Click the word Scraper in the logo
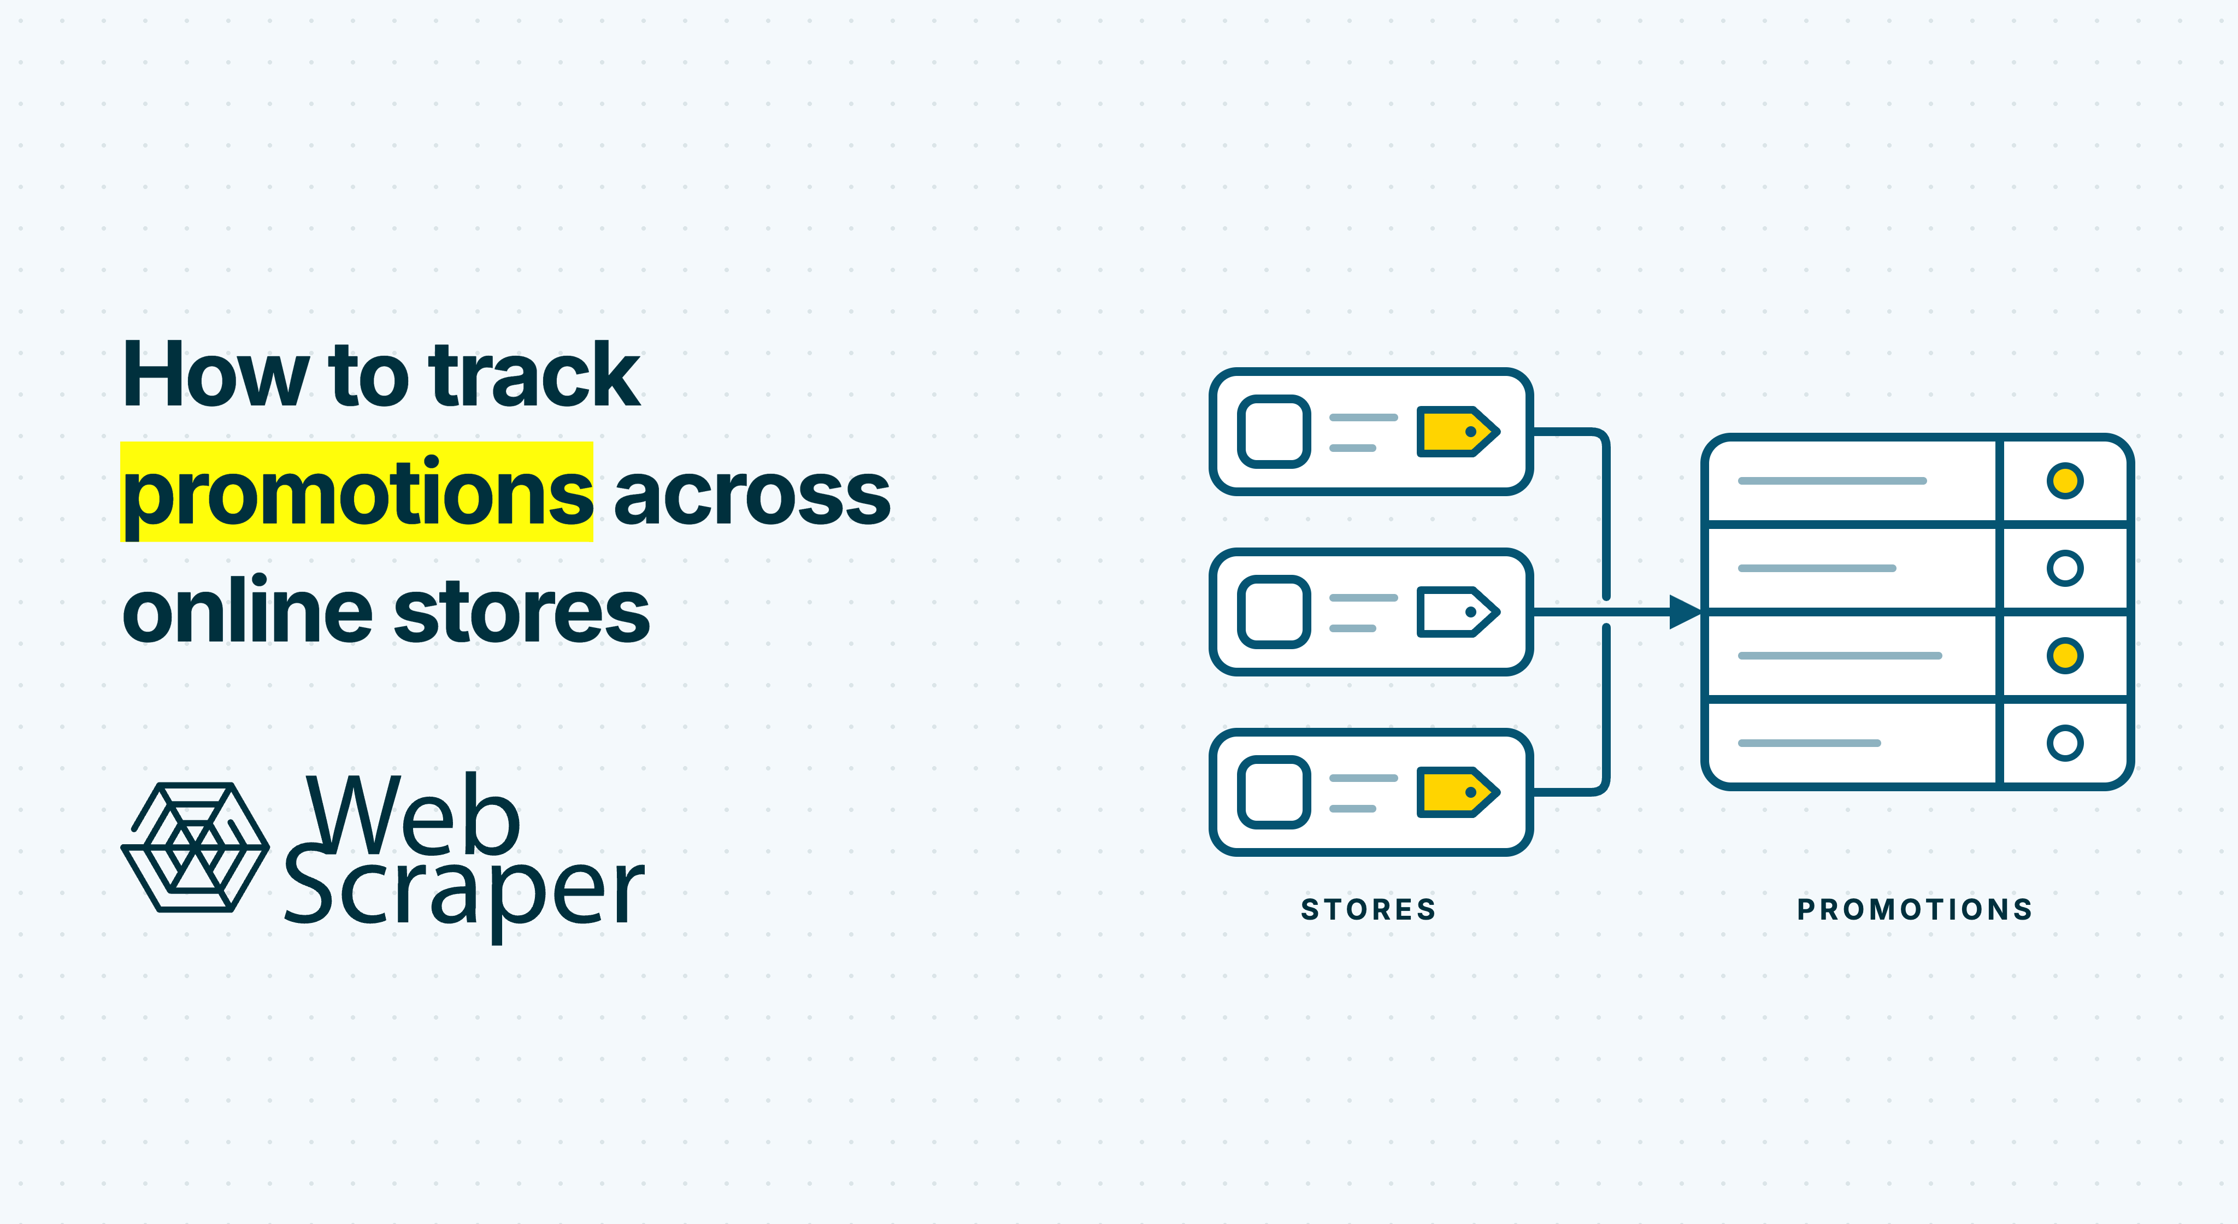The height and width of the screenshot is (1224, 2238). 464,891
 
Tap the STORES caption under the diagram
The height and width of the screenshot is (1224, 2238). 1368,909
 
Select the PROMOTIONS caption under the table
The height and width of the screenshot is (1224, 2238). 1915,909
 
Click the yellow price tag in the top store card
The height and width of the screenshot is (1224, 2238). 1457,432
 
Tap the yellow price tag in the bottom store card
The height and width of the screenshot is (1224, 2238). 1457,792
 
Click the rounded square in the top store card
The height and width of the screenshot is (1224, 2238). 1274,432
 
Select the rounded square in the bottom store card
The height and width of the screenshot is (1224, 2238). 1274,792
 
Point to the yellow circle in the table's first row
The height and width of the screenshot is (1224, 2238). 2065,480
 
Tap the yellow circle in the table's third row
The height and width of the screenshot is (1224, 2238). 2065,655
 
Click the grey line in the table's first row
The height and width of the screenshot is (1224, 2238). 1832,480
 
